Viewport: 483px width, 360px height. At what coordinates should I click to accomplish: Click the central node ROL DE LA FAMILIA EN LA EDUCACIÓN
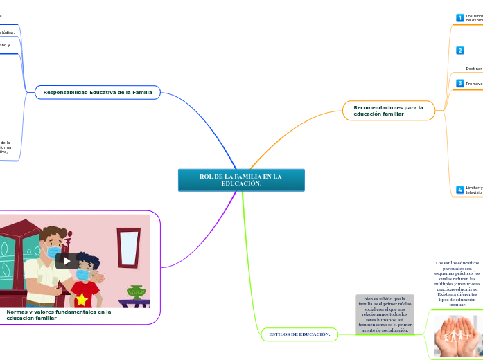coord(240,180)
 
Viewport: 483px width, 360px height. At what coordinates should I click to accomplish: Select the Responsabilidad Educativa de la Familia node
coord(97,92)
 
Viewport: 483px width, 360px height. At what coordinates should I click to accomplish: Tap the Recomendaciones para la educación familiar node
coord(388,110)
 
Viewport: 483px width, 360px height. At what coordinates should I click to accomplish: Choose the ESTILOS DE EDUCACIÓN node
coord(299,334)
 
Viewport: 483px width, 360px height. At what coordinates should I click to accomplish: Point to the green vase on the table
coord(136,291)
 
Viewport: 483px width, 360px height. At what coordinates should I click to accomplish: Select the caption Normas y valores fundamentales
coord(59,314)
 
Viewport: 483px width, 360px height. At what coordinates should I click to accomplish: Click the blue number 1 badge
coord(459,17)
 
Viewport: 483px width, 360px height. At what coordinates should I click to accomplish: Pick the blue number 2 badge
coord(459,51)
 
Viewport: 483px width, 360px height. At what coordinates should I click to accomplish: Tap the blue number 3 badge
coord(459,83)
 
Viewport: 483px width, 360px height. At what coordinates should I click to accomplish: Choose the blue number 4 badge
coord(459,190)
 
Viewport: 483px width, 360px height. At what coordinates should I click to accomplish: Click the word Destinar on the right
coord(474,69)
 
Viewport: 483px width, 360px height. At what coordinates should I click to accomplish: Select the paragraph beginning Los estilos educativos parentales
coord(457,283)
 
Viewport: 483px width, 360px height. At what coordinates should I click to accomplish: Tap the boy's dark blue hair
coord(87,261)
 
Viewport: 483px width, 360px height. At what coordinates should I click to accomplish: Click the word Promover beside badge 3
coord(474,84)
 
